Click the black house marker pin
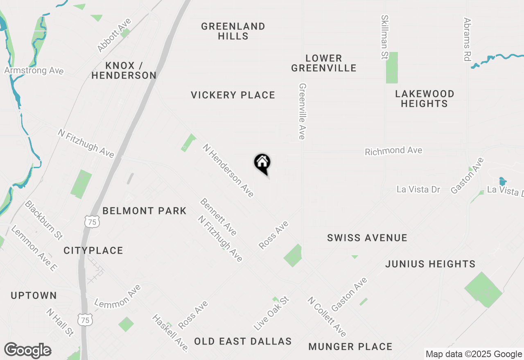pos(262,163)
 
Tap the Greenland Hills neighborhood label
pos(233,31)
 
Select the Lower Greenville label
pos(324,63)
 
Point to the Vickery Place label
pos(233,95)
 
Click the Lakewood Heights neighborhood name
pos(425,99)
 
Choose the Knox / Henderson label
pos(124,70)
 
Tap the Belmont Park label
pos(145,211)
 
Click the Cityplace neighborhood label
pos(93,250)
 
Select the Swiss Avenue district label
pos(367,238)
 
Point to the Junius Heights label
pos(430,264)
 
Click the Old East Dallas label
pos(243,341)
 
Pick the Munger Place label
pos(350,346)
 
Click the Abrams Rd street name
pos(468,39)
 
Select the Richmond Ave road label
pos(393,151)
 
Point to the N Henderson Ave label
pos(228,170)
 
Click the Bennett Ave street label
pos(219,217)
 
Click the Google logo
pos(27,351)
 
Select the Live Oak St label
pos(271,314)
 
